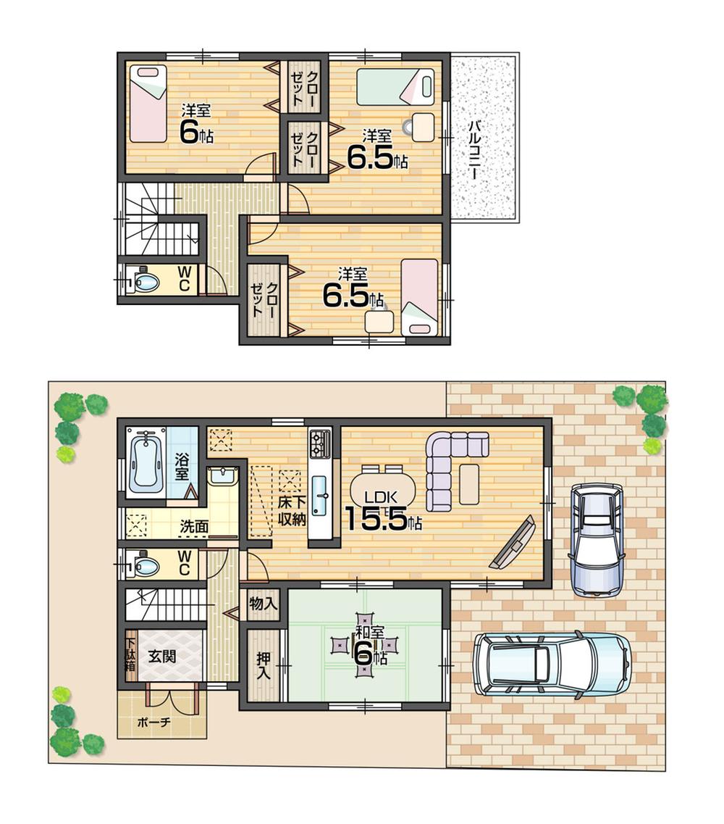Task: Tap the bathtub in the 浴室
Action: (147, 463)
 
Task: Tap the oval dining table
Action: (383, 488)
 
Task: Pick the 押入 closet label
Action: (263, 665)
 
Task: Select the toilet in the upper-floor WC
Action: (144, 280)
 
